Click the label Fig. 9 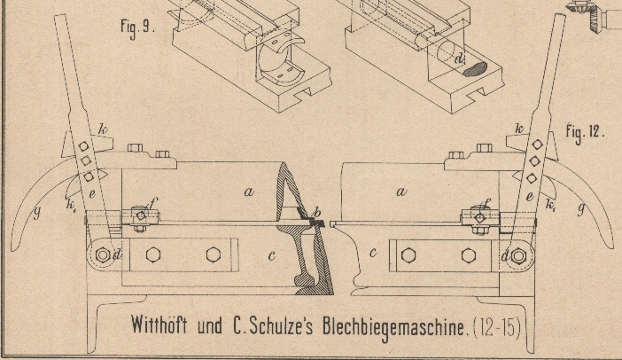[136, 28]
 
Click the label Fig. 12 [585, 132]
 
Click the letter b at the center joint [316, 212]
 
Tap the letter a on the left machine [249, 192]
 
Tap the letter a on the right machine [401, 192]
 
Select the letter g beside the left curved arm [37, 213]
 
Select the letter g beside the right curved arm [581, 208]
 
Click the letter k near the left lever [103, 129]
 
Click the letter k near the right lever [519, 129]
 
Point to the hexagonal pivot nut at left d [103, 254]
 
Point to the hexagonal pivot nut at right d [518, 256]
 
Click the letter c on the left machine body [272, 255]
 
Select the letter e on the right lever [529, 197]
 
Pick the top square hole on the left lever [83, 146]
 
